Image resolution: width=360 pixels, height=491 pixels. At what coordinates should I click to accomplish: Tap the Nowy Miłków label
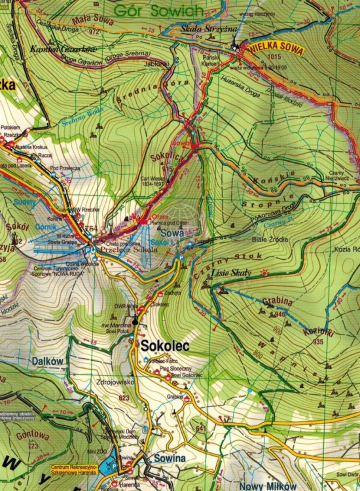pos(268,486)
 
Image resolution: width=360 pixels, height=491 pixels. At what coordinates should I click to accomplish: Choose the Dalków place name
pos(46,361)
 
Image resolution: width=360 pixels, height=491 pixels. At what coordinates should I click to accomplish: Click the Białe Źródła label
pos(274,240)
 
